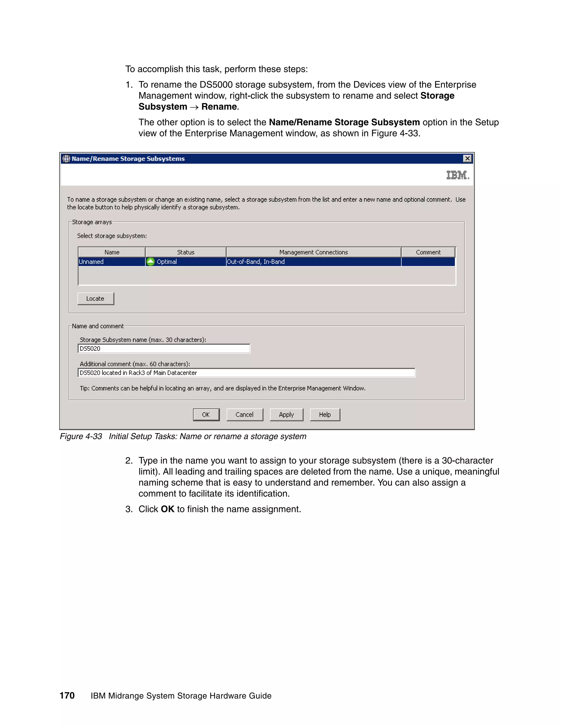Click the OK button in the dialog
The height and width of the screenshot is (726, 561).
click(206, 415)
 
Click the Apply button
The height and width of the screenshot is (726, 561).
click(286, 415)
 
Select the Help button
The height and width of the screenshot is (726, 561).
click(325, 415)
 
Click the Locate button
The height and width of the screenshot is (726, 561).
click(95, 299)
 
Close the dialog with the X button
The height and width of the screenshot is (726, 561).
click(467, 159)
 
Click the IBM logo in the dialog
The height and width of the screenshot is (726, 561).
click(457, 175)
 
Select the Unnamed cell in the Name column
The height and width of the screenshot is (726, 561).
click(111, 262)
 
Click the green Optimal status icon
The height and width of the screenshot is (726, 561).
click(151, 262)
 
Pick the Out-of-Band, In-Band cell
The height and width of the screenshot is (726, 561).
click(313, 262)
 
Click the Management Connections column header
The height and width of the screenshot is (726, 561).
click(313, 252)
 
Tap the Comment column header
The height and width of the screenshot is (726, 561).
click(428, 252)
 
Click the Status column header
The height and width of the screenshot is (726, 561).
click(185, 252)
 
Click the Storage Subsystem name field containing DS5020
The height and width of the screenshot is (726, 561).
click(164, 348)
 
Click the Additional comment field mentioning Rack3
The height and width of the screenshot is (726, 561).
click(246, 373)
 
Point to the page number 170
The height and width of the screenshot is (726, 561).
click(67, 695)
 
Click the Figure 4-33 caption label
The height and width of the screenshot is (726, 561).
click(81, 436)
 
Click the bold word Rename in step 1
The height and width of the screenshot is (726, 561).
click(219, 107)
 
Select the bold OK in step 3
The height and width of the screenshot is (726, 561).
click(167, 509)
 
